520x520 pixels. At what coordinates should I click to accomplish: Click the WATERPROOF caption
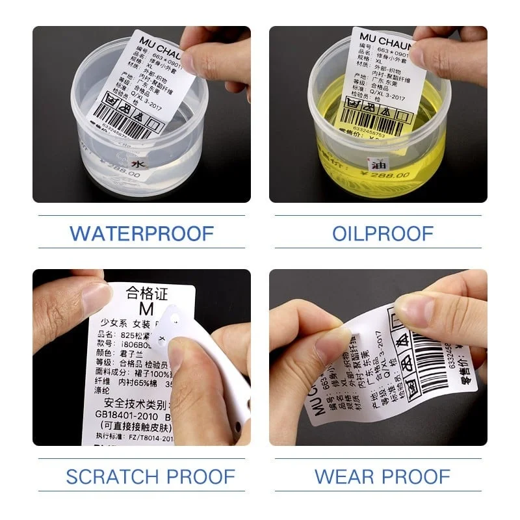[142, 232]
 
